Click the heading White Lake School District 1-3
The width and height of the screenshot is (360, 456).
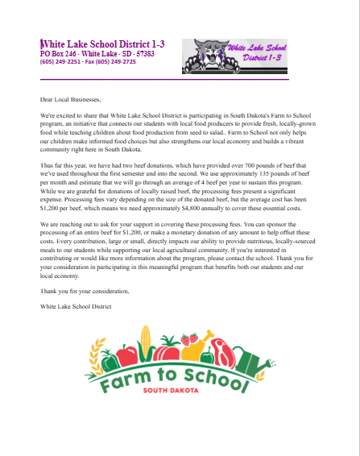coord(103,44)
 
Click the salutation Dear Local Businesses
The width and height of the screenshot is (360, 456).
coord(72,99)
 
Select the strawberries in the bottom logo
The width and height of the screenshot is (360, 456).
coord(191,341)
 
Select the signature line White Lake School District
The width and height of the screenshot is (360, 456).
coord(76,306)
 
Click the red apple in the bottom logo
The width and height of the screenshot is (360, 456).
coord(126,354)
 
